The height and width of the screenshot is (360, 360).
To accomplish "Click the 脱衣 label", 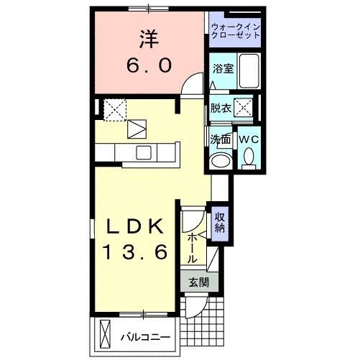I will pyautogui.click(x=221, y=109).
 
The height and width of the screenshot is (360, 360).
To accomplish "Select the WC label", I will pyautogui.click(x=248, y=139).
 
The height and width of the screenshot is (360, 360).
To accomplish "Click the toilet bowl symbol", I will pyautogui.click(x=249, y=156).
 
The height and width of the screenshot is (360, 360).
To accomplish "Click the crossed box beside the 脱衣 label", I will pyautogui.click(x=245, y=109).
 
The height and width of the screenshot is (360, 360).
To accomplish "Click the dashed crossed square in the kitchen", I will pyautogui.click(x=114, y=109).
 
